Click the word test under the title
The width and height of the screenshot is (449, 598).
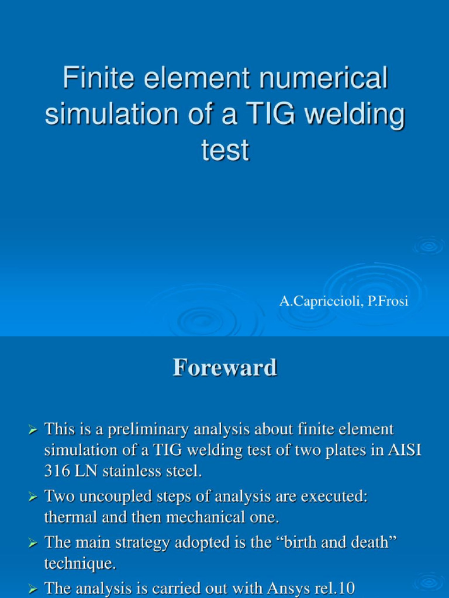click(225, 151)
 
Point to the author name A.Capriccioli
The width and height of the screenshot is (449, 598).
click(322, 302)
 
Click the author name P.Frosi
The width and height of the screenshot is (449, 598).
click(388, 302)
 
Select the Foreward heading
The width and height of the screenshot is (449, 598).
click(224, 368)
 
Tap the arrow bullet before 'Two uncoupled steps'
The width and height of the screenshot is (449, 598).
click(33, 498)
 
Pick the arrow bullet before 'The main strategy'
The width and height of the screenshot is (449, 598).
click(33, 543)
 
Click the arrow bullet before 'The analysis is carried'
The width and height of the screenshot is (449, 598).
click(33, 588)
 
